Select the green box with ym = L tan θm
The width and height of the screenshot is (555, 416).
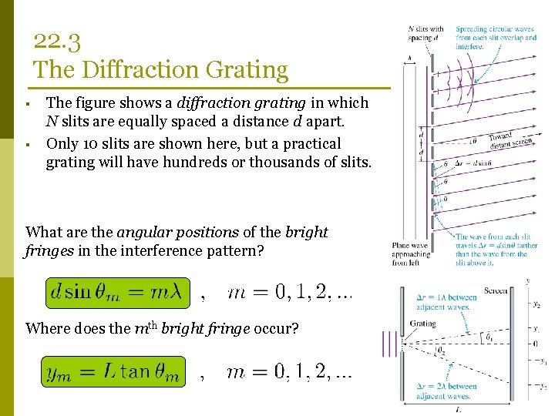(x=113, y=373)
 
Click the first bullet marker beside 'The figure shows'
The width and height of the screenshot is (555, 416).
(x=27, y=103)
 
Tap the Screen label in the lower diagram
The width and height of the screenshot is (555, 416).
(x=496, y=291)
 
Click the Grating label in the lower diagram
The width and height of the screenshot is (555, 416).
(x=422, y=324)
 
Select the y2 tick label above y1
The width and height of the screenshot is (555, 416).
(x=536, y=304)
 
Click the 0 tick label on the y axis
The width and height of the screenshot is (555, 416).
(x=535, y=344)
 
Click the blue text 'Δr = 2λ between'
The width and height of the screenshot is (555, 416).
(x=448, y=386)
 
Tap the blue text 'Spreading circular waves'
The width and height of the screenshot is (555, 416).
(x=495, y=29)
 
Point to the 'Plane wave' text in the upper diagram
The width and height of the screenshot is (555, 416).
(x=406, y=245)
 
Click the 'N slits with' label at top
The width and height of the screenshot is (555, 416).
(x=426, y=29)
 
